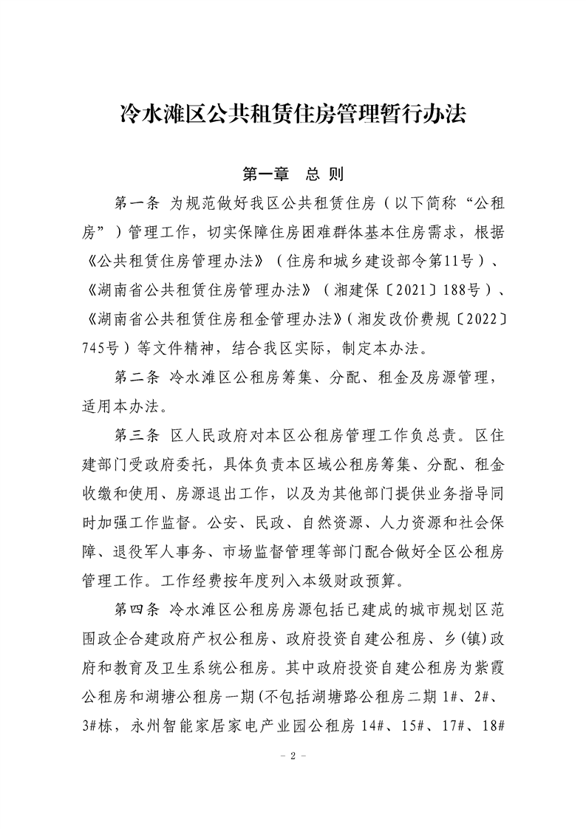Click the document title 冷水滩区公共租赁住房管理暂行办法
[x=293, y=115]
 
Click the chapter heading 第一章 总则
[x=293, y=174]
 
